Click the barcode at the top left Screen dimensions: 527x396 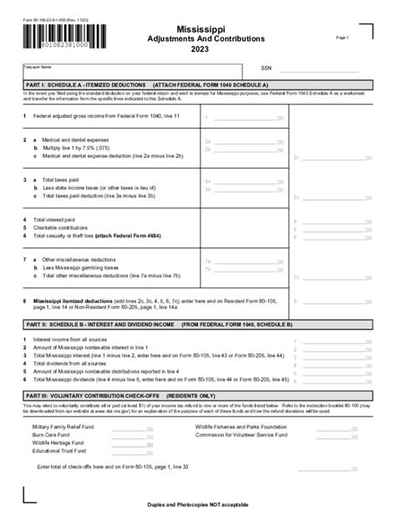pos(65,37)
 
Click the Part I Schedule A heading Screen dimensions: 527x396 pos(146,85)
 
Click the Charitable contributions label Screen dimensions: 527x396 pos(66,227)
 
